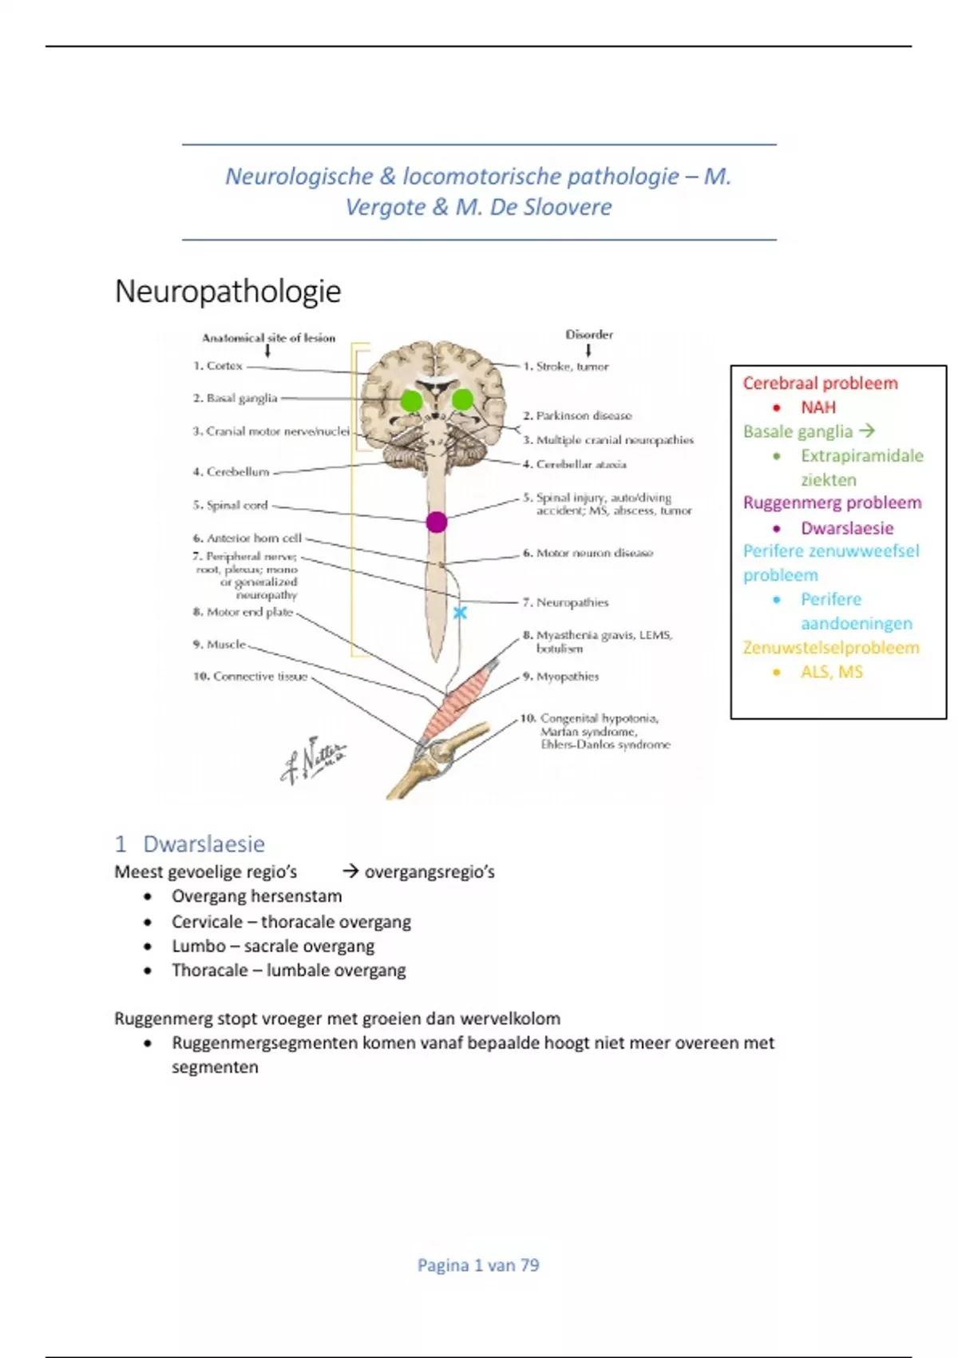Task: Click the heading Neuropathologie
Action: [228, 292]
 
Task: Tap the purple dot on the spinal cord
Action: [437, 522]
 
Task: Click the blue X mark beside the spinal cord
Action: [460, 613]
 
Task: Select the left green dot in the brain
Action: [411, 400]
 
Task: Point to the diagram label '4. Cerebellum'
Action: [231, 472]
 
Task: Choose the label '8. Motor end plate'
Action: [243, 612]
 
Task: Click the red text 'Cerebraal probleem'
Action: [820, 383]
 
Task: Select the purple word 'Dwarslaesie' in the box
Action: [847, 528]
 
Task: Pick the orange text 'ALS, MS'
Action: [832, 672]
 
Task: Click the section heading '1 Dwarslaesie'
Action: [190, 844]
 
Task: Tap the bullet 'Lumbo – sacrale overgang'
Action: [273, 947]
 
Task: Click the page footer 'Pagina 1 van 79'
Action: [478, 1265]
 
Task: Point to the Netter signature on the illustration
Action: [314, 760]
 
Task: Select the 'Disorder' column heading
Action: [589, 335]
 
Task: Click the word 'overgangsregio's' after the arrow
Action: [430, 872]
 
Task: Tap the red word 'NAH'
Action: [818, 407]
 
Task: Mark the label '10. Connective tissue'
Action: [250, 677]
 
